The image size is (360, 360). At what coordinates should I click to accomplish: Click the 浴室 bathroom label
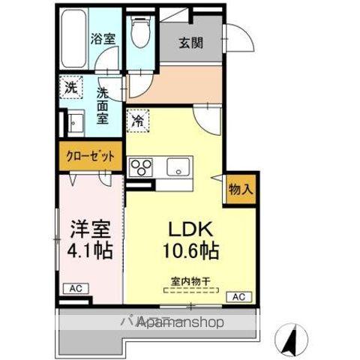(x=103, y=39)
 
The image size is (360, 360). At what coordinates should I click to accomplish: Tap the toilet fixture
(x=139, y=30)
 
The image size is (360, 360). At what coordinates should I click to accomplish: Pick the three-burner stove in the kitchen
(x=140, y=165)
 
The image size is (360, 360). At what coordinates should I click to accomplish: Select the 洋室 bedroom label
(x=91, y=226)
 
